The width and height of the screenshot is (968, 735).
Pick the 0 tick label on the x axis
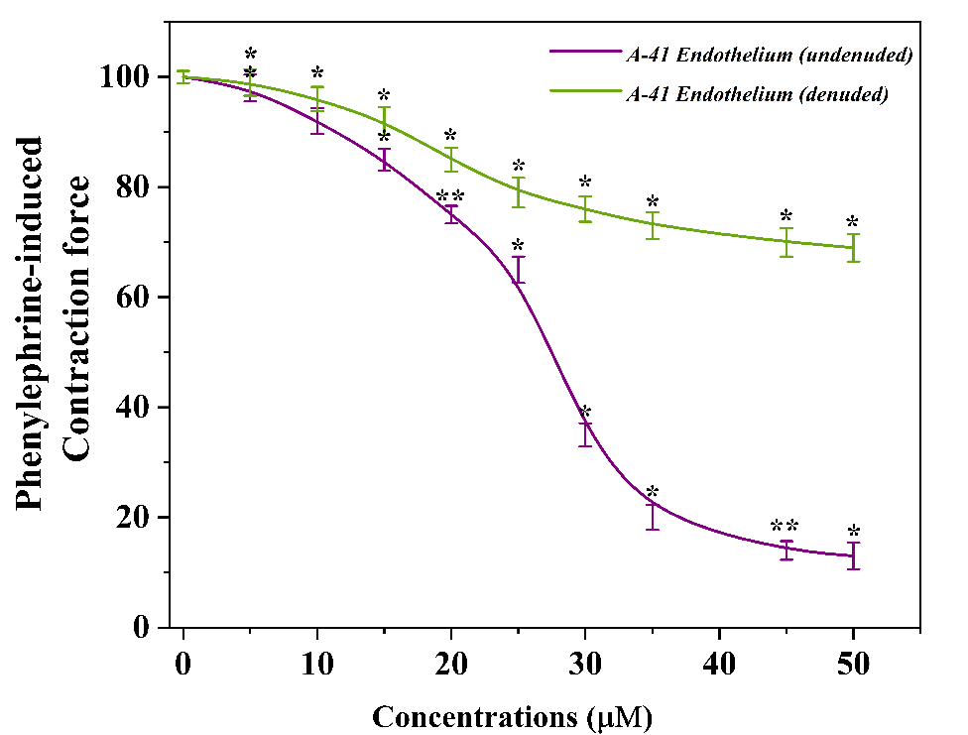coord(183,664)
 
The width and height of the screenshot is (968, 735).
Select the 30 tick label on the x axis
coord(585,664)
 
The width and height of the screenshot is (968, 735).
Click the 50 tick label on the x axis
coord(853,664)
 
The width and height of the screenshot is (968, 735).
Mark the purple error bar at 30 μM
coord(585,433)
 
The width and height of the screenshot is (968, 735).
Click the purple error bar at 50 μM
coord(853,555)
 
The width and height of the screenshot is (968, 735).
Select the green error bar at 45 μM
coord(786,242)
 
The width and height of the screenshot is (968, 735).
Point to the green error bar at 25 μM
coord(518,192)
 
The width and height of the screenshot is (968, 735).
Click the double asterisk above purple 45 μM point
coord(785,527)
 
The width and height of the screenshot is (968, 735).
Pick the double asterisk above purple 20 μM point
coord(450,196)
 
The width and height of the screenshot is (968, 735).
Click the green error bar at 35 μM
coord(653,225)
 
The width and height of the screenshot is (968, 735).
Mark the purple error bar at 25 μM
coord(518,270)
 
